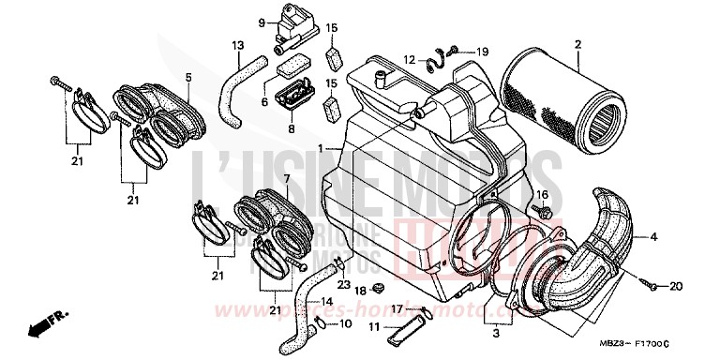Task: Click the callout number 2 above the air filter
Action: (578, 44)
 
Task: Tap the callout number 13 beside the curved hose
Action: (236, 46)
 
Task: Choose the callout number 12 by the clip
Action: (410, 60)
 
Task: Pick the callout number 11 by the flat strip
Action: (373, 327)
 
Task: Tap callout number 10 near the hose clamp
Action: (345, 323)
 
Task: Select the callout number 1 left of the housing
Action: (322, 149)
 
